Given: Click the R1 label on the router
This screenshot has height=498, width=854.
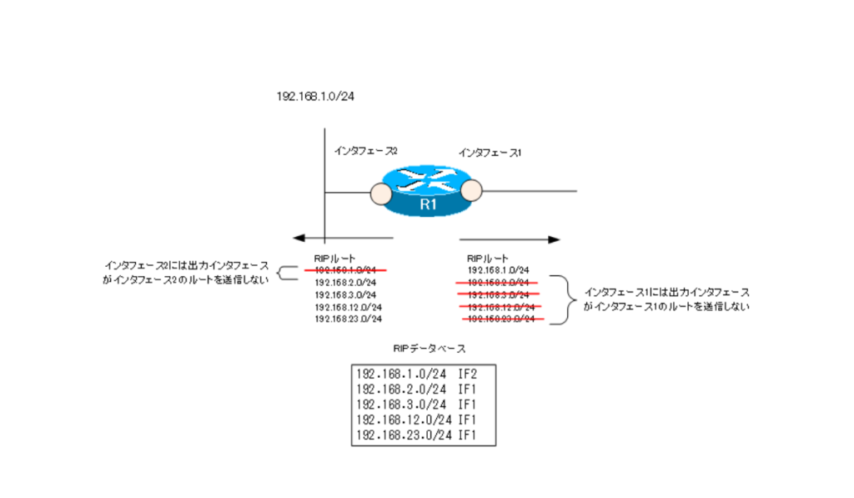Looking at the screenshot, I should point(427,204).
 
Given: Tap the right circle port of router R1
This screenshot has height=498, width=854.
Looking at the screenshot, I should point(472,192).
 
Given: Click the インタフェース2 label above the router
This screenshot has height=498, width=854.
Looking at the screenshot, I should point(365,150).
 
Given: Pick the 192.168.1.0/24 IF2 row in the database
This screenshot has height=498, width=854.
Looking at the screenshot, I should point(422,373).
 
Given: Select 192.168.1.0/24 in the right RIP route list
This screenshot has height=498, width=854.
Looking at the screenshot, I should point(499,270).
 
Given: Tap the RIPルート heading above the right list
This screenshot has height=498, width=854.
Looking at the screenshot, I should point(488,259).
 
